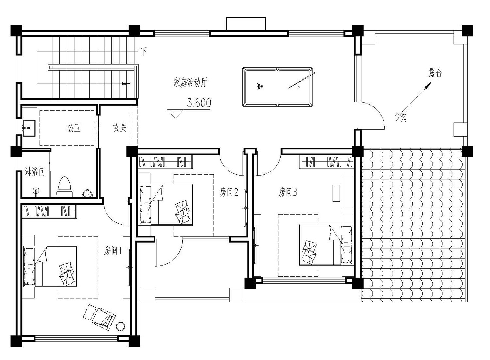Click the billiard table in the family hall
point(277,87)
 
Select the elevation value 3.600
point(199,103)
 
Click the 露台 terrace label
point(435,73)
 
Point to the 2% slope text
point(400,118)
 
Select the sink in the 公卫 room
point(29,127)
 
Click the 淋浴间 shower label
point(35,172)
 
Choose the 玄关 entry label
point(120,128)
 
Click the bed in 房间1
point(50,267)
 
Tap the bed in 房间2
point(166,205)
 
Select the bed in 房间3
point(326,244)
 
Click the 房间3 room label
point(288,192)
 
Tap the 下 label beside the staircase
point(144,51)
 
